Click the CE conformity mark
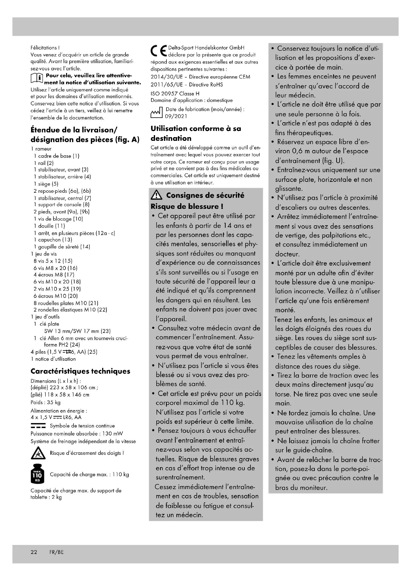click(x=159, y=51)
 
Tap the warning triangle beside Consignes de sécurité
click(x=156, y=195)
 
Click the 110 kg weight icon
click(x=38, y=475)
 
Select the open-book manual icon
click(x=36, y=79)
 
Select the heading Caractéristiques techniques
click(x=80, y=371)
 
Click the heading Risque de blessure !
click(x=187, y=206)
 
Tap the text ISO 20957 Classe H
click(x=175, y=94)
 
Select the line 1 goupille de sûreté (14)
click(x=62, y=247)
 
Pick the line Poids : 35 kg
click(x=45, y=402)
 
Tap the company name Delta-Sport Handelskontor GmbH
click(x=206, y=48)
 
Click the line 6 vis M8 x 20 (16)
click(x=55, y=268)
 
